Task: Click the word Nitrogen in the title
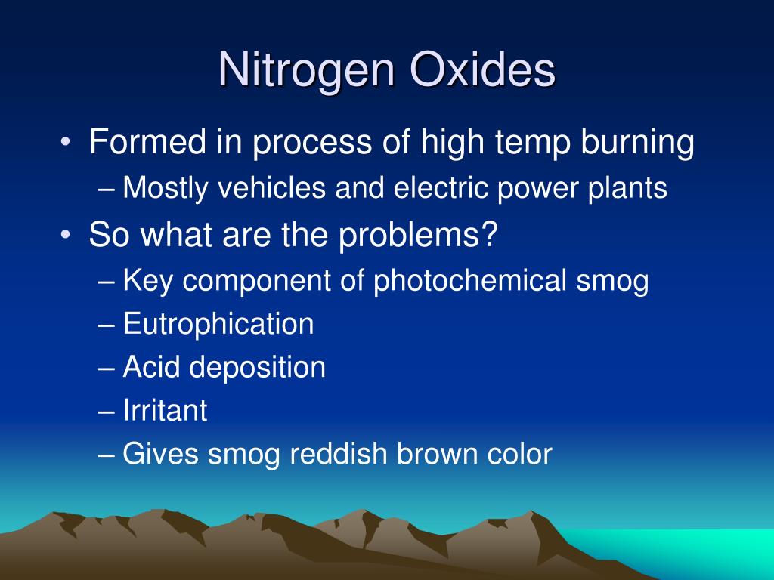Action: (x=308, y=71)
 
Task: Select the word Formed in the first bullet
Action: (x=147, y=143)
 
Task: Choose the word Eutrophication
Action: (x=218, y=324)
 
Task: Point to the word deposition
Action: (x=258, y=368)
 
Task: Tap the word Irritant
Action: (x=165, y=411)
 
